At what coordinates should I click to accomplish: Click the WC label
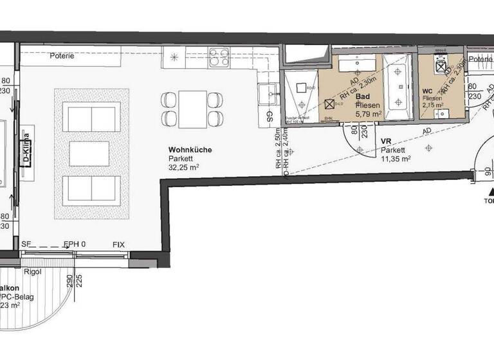click(427, 90)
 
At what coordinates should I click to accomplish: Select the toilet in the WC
click(442, 64)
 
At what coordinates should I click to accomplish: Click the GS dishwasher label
click(269, 118)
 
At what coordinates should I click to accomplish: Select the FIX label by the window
click(118, 244)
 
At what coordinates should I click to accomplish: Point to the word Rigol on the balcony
click(32, 271)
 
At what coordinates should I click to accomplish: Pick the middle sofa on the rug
click(91, 153)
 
